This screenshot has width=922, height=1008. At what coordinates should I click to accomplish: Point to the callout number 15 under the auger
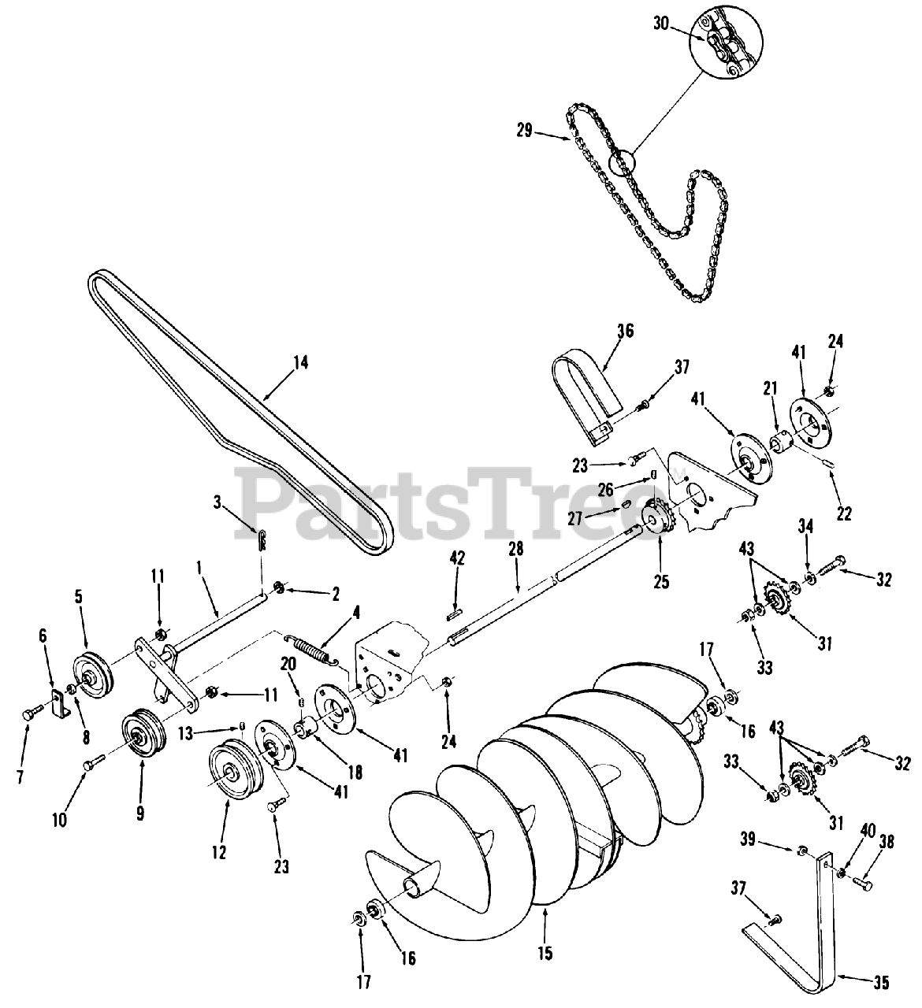546,954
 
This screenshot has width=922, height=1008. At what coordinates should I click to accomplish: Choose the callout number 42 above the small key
457,558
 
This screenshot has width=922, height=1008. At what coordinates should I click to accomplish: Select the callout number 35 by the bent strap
881,982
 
